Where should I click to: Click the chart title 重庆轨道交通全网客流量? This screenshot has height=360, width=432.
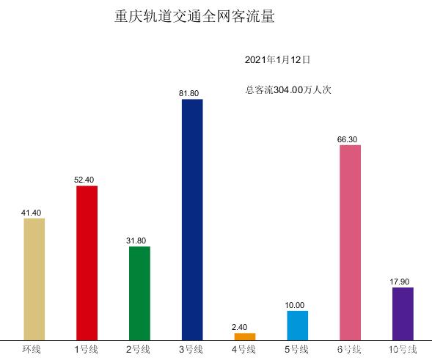pos(195,17)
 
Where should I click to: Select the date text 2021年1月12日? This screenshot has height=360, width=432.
pos(277,59)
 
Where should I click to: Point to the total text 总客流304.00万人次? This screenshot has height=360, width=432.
pos(288,90)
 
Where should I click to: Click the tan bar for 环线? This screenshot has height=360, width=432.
pos(34,279)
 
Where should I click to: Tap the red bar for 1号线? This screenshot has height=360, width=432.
pos(87,262)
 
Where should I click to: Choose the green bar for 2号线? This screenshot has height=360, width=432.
pos(139,293)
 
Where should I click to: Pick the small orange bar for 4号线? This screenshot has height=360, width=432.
pos(245,337)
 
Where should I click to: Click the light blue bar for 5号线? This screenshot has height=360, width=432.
pos(297,325)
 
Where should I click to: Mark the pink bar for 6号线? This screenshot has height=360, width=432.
pos(350,242)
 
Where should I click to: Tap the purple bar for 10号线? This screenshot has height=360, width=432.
pos(403,313)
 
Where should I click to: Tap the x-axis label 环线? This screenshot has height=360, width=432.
pos(32,349)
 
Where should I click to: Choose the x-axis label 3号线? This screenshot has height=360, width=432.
pos(191,349)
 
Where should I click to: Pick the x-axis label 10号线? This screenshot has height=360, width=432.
pos(402,349)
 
